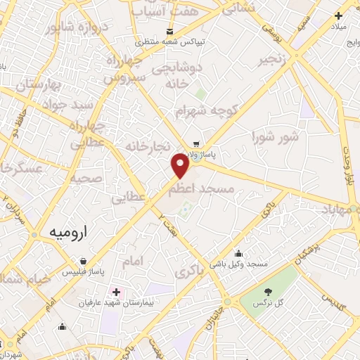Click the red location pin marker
(x=181, y=166)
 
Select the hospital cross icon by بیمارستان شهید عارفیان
(x=116, y=291)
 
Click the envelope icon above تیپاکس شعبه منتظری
(x=170, y=31)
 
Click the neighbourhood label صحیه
(x=84, y=179)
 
